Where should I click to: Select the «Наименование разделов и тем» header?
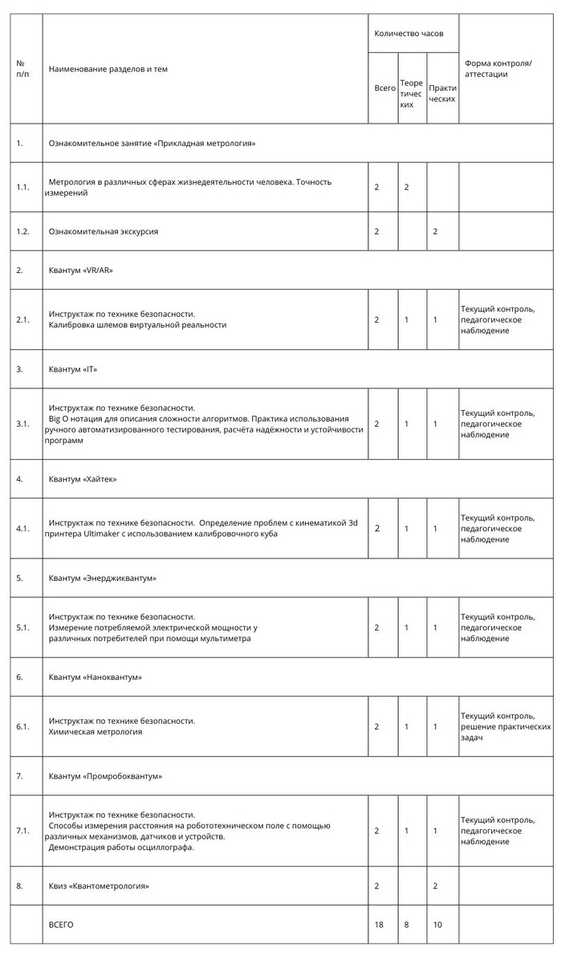pyautogui.click(x=108, y=69)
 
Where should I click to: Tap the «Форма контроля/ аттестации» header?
pyautogui.click(x=498, y=68)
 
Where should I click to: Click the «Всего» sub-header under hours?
pyautogui.click(x=384, y=88)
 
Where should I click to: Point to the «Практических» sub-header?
pyautogui.click(x=442, y=93)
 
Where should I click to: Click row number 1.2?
pyautogui.click(x=23, y=231)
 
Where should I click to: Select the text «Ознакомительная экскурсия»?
pyautogui.click(x=104, y=231)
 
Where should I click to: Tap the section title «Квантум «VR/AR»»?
pyautogui.click(x=81, y=270)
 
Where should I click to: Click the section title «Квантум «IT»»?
pyautogui.click(x=73, y=369)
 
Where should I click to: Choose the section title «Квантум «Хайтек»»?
pyautogui.click(x=83, y=479)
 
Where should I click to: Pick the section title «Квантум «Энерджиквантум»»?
pyautogui.click(x=102, y=578)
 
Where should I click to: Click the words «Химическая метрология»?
pyautogui.click(x=96, y=732)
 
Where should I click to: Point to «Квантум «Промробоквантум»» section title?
pyautogui.click(x=105, y=776)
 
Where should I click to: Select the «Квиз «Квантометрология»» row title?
pyautogui.click(x=99, y=886)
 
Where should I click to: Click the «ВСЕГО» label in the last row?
pyautogui.click(x=61, y=924)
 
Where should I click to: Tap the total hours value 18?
pyautogui.click(x=379, y=924)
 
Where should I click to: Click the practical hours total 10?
pyautogui.click(x=437, y=924)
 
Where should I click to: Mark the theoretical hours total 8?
pyautogui.click(x=407, y=924)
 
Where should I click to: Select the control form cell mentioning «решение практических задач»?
pyautogui.click(x=506, y=726)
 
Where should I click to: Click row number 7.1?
pyautogui.click(x=23, y=831)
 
